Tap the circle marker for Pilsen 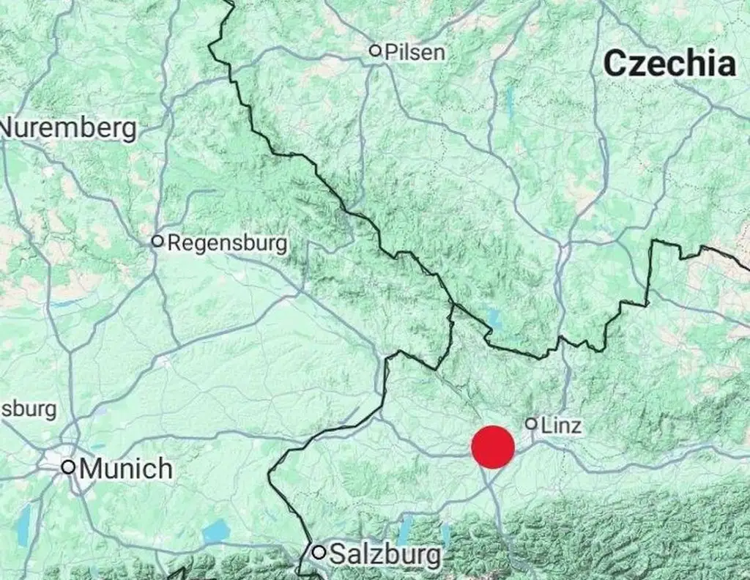[x=375, y=51]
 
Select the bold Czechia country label [x=669, y=64]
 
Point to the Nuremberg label [x=69, y=128]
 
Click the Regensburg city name [x=228, y=243]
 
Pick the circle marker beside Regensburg [x=157, y=241]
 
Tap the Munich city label [x=126, y=468]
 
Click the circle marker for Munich [x=68, y=466]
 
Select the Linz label [x=562, y=425]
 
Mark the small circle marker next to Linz [x=531, y=423]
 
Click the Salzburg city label [x=386, y=554]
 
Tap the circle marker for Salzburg [x=319, y=551]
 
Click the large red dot [x=493, y=447]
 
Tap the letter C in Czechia [x=616, y=64]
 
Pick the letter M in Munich [x=91, y=468]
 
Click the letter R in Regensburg [x=175, y=243]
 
